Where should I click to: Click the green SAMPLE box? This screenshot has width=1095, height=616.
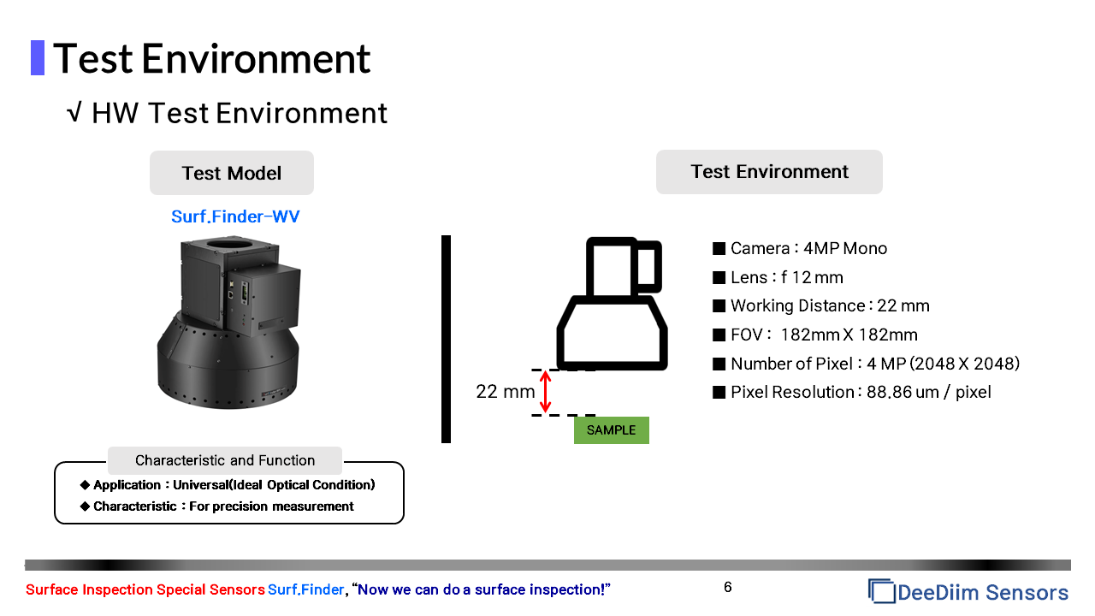coord(611,430)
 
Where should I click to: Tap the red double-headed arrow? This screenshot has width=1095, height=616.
coord(546,391)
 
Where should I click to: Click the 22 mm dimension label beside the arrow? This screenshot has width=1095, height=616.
coord(505,392)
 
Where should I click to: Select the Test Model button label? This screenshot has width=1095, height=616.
coord(231,173)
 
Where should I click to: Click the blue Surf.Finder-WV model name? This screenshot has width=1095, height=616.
coord(235,216)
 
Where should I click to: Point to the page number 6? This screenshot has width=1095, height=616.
coord(727,587)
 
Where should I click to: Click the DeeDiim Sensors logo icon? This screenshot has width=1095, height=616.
coord(881,591)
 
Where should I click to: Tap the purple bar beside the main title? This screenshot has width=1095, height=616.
coord(38,57)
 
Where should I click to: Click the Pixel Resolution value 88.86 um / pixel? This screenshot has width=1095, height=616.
coord(928,392)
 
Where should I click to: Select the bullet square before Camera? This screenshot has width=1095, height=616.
coord(719,248)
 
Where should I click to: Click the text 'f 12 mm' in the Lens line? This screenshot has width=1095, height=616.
coord(812,278)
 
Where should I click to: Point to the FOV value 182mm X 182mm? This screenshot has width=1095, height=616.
coord(849,335)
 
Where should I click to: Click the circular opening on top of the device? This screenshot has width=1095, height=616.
coord(228,243)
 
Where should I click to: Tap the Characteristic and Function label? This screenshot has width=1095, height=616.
coord(225,460)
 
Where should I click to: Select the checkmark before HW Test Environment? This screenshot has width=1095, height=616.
coord(74,112)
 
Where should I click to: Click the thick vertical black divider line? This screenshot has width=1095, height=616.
coord(446,340)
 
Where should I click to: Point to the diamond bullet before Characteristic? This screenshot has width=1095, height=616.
coord(85,506)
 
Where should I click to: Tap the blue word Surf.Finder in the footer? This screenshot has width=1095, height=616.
coord(305,589)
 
